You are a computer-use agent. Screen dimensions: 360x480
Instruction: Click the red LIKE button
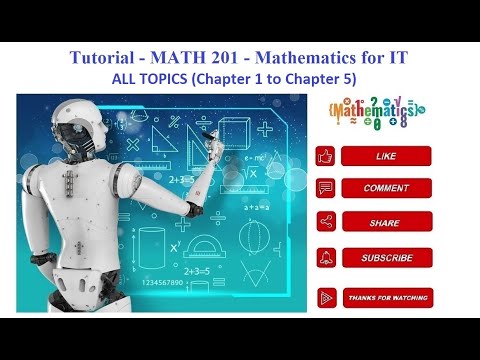[386, 156]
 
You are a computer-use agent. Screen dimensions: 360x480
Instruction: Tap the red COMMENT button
[386, 188]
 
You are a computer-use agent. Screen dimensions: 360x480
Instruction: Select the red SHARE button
[386, 223]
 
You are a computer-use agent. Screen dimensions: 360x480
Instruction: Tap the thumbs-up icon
[325, 156]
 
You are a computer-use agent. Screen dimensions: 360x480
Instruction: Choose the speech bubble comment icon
[325, 188]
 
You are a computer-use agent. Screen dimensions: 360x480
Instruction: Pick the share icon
[325, 223]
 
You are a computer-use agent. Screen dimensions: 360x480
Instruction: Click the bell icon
[325, 258]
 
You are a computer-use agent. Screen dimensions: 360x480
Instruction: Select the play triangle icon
[326, 297]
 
